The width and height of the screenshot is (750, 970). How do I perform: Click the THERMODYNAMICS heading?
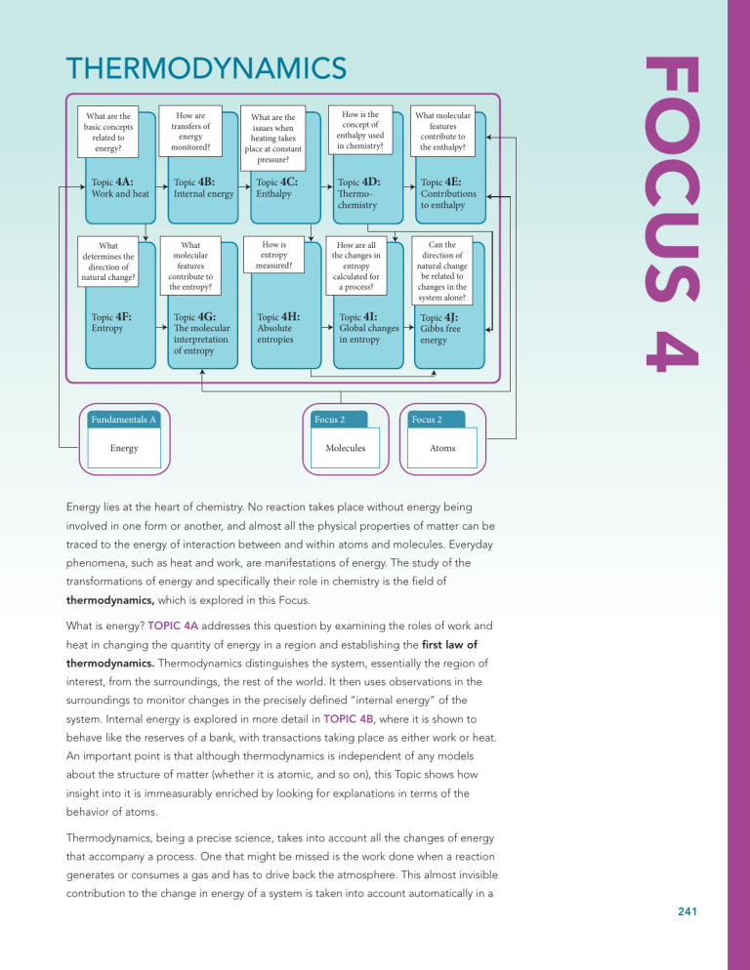click(206, 68)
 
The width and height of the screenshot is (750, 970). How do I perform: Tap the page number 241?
click(687, 911)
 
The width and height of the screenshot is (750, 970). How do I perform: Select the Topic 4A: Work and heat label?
click(120, 187)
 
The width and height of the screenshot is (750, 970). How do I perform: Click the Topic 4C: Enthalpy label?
click(276, 187)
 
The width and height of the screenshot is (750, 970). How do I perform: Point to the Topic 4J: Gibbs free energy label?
click(440, 329)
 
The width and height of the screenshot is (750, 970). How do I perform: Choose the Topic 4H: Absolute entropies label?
click(278, 328)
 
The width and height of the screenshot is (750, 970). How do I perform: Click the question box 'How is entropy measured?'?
click(273, 255)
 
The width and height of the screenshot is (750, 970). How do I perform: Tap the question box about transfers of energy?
click(190, 131)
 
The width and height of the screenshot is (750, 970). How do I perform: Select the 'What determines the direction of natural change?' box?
click(108, 262)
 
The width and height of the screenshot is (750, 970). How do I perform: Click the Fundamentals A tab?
click(124, 420)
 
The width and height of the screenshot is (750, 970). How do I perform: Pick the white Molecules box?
click(346, 448)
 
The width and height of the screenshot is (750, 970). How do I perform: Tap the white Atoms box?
click(442, 448)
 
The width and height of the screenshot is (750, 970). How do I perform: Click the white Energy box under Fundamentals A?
click(124, 448)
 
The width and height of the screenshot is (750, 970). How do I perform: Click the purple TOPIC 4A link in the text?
click(173, 626)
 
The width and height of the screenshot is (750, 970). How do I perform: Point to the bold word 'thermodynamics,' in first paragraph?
click(110, 600)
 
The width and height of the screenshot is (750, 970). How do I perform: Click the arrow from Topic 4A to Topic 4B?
click(162, 186)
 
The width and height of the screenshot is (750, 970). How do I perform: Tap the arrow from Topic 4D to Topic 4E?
click(409, 186)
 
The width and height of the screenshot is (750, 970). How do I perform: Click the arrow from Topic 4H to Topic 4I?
click(327, 327)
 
